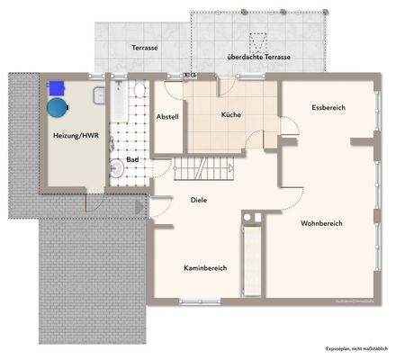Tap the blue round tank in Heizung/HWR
click(58, 106)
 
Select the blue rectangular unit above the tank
click(59, 86)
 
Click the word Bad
click(132, 159)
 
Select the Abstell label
click(167, 117)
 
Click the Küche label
click(231, 115)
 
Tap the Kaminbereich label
click(204, 268)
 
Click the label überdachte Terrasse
click(260, 57)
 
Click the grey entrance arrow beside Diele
click(139, 208)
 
